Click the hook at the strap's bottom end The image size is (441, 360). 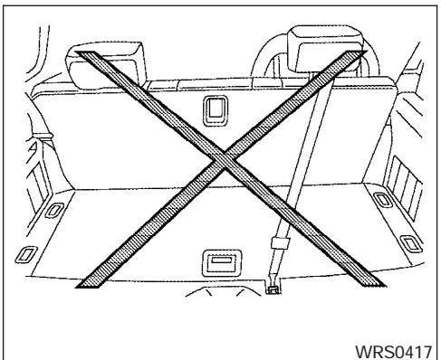(273, 289)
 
